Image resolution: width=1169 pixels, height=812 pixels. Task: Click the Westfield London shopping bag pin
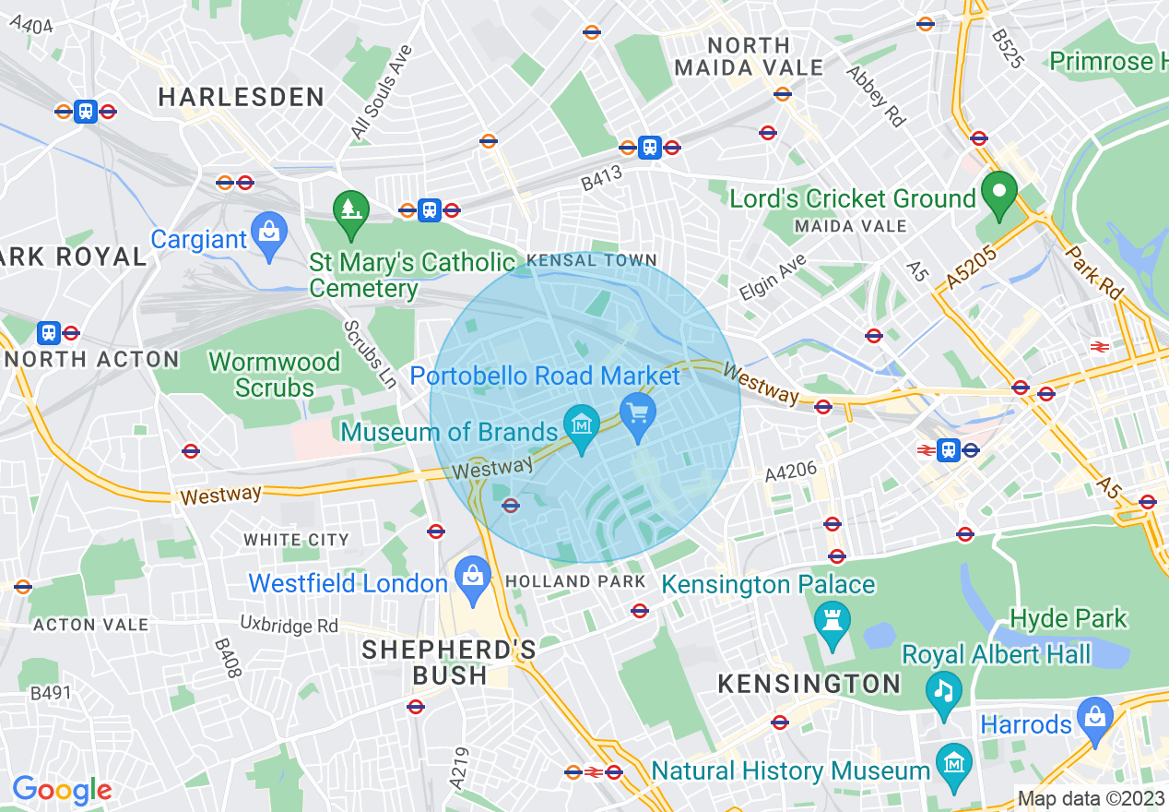pos(472,578)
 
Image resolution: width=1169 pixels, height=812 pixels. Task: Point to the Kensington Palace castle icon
pos(832,625)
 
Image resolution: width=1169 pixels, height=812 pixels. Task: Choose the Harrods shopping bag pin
pos(1094,719)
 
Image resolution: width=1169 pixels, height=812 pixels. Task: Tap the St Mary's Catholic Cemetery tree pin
pos(350,211)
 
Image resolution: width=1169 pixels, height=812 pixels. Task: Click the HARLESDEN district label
pos(242,97)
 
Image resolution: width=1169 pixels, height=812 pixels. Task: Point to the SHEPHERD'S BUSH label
pos(449,663)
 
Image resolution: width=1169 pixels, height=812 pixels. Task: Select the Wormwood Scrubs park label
pos(275,375)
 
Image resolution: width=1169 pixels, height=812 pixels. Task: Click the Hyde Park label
pos(1069,617)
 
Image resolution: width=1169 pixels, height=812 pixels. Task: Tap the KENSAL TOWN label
pos(591,261)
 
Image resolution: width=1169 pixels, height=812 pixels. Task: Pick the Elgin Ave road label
pos(772,278)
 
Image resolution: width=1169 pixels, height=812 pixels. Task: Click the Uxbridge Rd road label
pos(289,625)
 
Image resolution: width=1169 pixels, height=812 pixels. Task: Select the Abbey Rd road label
pos(876,95)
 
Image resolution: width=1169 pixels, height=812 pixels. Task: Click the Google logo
pos(62,790)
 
